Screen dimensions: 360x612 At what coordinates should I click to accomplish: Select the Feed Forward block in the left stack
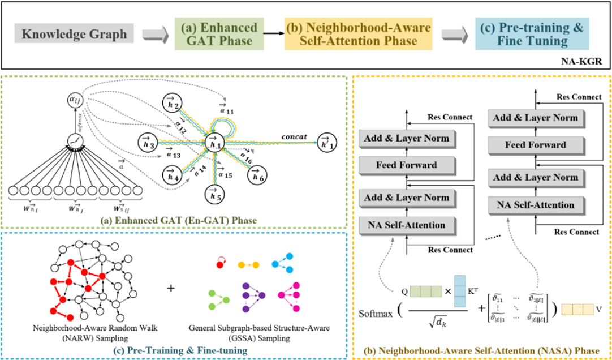[x=406, y=165]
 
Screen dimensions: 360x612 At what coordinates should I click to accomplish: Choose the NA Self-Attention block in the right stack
[x=536, y=204]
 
